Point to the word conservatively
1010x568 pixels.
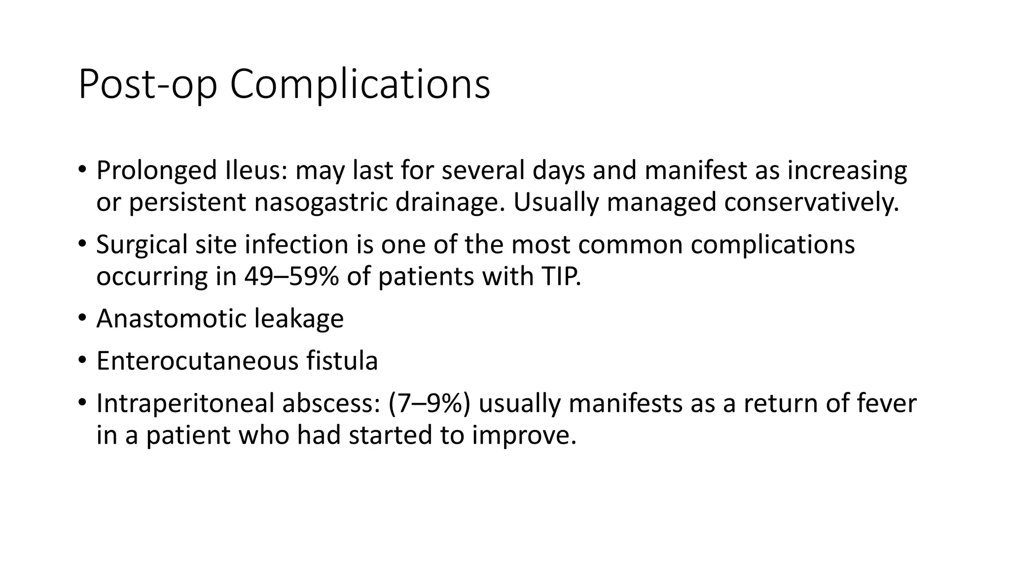click(811, 203)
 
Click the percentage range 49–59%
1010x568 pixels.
click(291, 277)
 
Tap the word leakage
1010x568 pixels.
click(299, 319)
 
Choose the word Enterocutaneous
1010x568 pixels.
click(197, 361)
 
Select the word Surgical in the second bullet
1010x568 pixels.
click(142, 245)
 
